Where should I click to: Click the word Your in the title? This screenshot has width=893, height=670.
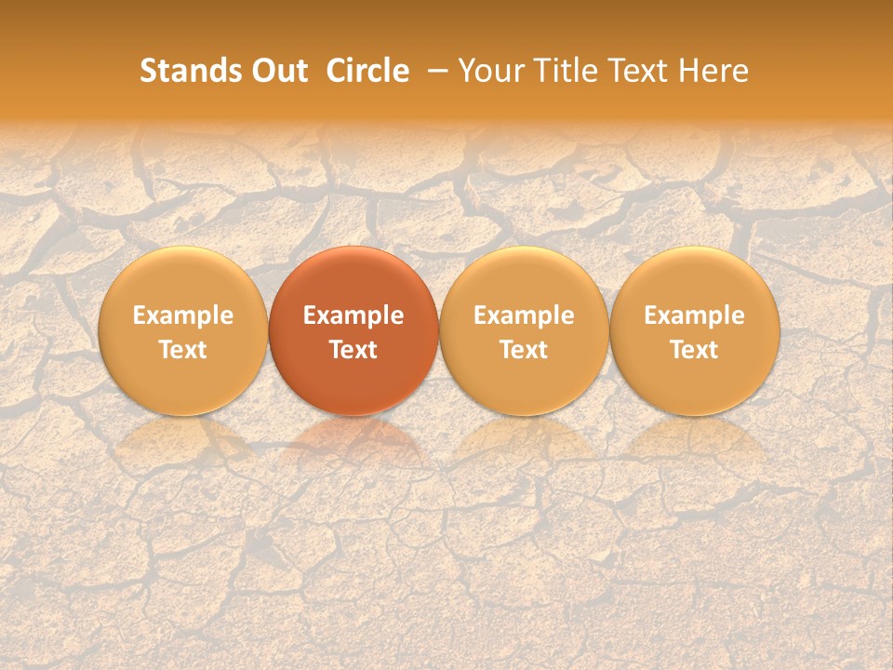coord(487,71)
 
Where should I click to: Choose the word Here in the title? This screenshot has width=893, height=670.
coord(714,71)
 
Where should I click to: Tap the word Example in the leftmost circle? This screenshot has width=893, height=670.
coord(182,315)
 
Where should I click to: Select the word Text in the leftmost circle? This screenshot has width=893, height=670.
coord(182,350)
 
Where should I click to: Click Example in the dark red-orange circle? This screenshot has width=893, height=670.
coord(353,315)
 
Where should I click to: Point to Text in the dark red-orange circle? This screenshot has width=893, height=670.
coord(353,350)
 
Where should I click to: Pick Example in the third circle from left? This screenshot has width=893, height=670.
coord(524,315)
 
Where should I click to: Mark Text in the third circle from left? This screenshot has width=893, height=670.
coord(524,350)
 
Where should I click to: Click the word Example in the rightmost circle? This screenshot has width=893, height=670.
coord(694,315)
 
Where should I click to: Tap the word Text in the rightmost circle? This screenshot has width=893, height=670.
coord(694,350)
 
